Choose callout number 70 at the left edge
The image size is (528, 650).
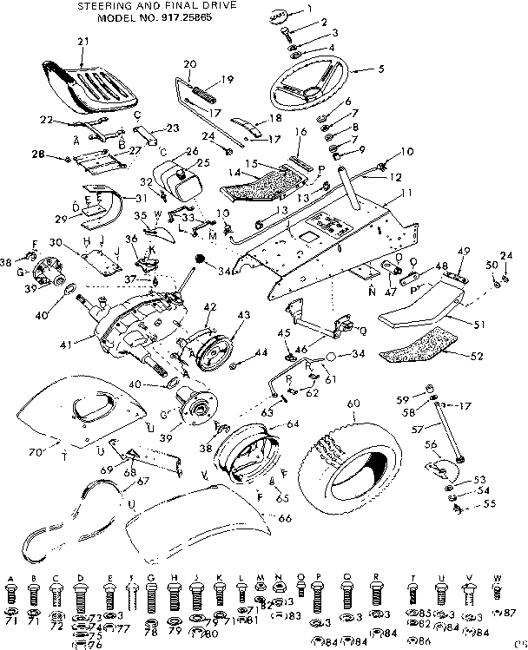click(x=35, y=452)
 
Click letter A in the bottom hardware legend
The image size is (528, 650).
click(x=11, y=578)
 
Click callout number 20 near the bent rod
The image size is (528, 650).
click(x=189, y=63)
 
